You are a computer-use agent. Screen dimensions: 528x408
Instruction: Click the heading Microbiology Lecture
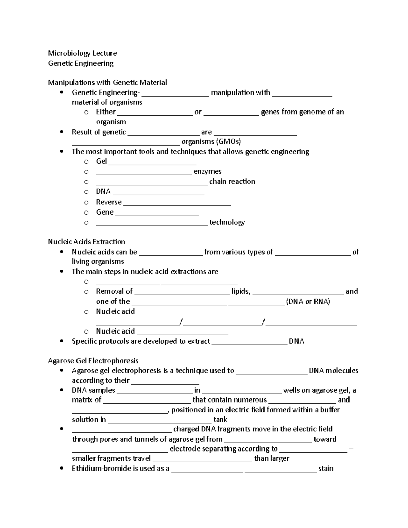click(82, 53)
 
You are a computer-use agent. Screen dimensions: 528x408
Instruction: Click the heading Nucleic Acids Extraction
click(86, 242)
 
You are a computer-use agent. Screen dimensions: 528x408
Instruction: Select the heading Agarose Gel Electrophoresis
click(93, 361)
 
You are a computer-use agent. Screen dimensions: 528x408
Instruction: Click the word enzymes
click(207, 171)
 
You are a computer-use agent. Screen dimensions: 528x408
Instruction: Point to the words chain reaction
click(232, 182)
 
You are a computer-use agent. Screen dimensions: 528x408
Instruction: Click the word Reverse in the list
click(108, 202)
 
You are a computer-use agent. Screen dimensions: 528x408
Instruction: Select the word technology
click(227, 222)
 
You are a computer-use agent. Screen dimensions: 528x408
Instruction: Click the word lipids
click(241, 291)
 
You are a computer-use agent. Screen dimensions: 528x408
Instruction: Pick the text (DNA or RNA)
click(308, 302)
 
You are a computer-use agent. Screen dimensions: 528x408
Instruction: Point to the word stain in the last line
click(326, 469)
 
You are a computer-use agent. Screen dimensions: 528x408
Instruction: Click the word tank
click(220, 420)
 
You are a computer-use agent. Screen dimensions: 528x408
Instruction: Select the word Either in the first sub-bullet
click(106, 112)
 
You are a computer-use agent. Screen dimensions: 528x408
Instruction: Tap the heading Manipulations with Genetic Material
click(107, 83)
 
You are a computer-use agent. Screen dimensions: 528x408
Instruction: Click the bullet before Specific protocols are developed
click(61, 341)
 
